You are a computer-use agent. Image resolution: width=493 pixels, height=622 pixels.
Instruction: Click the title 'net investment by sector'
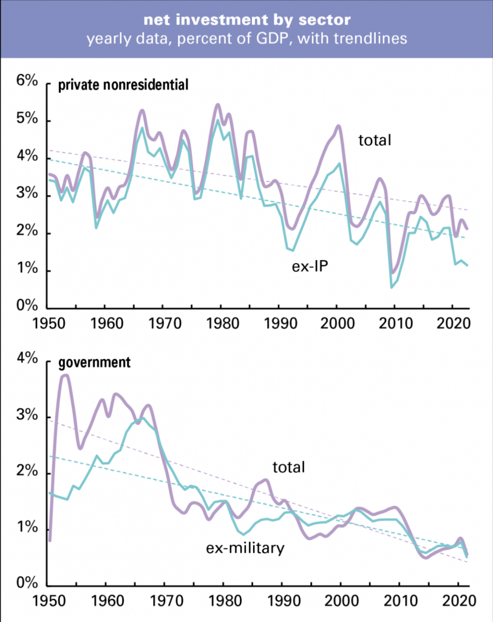point(246,21)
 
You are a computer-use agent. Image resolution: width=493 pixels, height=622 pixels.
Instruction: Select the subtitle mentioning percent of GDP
point(246,40)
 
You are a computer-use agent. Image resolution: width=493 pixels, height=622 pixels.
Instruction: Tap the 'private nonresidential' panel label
point(123,85)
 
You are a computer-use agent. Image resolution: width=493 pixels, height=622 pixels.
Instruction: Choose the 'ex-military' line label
point(245,549)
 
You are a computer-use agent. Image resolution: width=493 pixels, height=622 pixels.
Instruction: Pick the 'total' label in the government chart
point(288,467)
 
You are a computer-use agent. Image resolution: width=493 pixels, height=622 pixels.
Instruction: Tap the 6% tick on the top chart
point(27,83)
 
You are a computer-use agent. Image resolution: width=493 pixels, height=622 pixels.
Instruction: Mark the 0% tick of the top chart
point(27,307)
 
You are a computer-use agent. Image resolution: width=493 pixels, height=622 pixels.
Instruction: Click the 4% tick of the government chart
point(27,360)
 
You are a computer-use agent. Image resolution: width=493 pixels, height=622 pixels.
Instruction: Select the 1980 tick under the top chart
point(223,322)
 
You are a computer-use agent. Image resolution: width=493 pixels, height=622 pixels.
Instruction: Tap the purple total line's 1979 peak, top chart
point(218,105)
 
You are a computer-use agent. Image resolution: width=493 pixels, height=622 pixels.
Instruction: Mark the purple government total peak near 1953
point(65,375)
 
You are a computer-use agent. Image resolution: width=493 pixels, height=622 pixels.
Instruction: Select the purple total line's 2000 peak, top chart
point(338,126)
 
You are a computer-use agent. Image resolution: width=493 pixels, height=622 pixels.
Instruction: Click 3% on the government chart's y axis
point(27,417)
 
